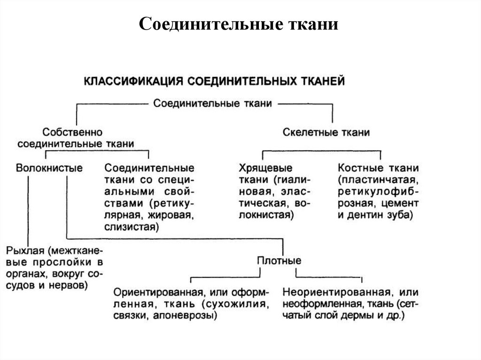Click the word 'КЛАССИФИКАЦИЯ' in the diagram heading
tap(134, 81)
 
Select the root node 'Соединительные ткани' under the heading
tap(213, 103)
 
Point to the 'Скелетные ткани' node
tap(326, 132)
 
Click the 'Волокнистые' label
tap(49, 168)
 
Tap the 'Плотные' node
tap(279, 260)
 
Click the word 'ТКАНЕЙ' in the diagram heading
tap(322, 81)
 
